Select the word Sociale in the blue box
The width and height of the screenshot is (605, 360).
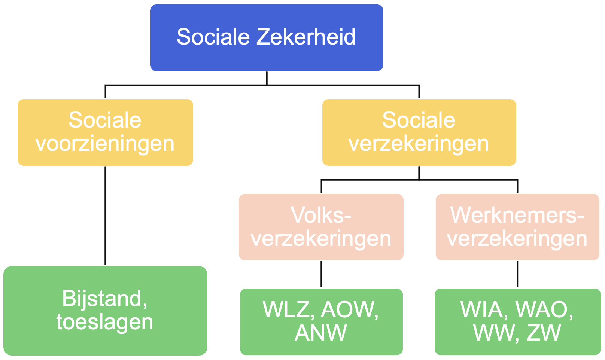click(x=213, y=37)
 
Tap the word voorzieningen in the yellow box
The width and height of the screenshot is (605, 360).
click(x=105, y=144)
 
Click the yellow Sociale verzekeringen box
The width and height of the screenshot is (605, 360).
click(x=419, y=132)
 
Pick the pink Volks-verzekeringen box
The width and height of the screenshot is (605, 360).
click(x=321, y=227)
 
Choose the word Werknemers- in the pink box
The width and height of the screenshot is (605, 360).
click(x=517, y=215)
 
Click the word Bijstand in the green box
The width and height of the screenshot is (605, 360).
click(x=102, y=299)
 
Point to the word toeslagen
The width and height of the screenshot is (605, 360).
click(x=105, y=322)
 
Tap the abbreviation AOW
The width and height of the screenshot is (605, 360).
click(x=350, y=310)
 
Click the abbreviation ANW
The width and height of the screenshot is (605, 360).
click(x=321, y=333)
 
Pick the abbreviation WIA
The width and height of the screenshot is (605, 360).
click(x=484, y=310)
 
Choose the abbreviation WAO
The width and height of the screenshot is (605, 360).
click(x=544, y=310)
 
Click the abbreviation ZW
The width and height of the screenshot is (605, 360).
click(x=544, y=333)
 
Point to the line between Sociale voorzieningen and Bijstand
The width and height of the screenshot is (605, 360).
click(x=105, y=215)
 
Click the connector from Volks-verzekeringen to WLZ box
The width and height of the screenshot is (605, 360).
click(x=321, y=274)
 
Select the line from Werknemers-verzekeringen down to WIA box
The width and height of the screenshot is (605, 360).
click(x=517, y=274)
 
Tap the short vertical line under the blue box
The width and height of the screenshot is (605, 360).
click(x=267, y=78)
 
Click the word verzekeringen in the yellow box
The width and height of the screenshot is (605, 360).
click(x=419, y=144)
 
